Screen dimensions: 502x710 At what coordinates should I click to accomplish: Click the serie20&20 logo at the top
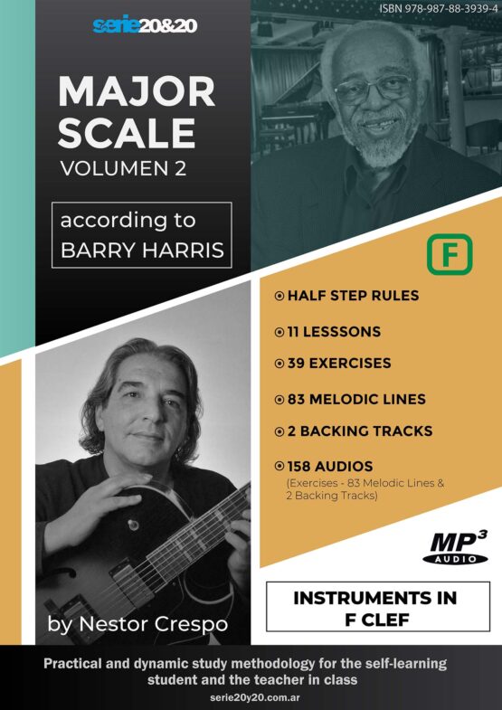tap(145, 26)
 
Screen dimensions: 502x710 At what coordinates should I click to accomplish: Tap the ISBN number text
tap(436, 9)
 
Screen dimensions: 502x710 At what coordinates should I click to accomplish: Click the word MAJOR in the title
tap(137, 92)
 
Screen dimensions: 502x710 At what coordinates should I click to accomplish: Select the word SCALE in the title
tap(127, 134)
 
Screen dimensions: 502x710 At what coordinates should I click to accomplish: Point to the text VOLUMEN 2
tap(123, 169)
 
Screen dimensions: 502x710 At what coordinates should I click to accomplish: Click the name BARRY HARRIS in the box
tap(142, 251)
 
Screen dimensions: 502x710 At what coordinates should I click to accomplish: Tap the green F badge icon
tap(449, 254)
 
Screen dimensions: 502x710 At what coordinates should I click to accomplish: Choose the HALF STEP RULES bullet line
tap(346, 296)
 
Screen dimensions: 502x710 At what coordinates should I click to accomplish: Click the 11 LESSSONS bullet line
tap(327, 332)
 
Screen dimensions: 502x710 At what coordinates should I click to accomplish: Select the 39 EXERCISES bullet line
tap(333, 364)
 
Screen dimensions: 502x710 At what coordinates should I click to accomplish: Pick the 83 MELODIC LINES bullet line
tap(350, 400)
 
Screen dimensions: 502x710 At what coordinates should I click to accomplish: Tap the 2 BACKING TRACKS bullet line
tap(354, 431)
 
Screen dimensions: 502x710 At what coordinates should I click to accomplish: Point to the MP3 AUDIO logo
tap(455, 547)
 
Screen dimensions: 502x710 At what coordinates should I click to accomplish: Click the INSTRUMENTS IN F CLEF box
tap(378, 606)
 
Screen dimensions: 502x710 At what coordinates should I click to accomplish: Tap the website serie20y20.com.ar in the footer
tap(251, 697)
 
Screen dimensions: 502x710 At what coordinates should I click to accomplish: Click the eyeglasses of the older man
tap(373, 89)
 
